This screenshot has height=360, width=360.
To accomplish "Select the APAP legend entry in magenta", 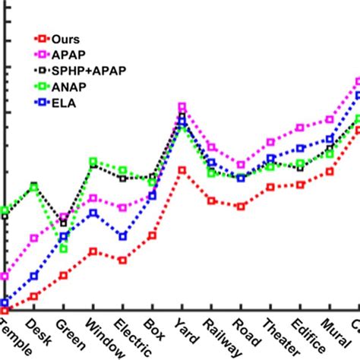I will click(63, 55).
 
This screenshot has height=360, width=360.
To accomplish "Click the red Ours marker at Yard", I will click(182, 169).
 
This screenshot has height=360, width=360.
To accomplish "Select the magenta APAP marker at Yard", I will click(182, 107).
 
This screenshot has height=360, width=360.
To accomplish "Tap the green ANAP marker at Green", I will click(64, 248).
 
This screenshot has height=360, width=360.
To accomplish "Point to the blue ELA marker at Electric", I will click(122, 236).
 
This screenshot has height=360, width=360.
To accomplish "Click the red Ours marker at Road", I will click(241, 207).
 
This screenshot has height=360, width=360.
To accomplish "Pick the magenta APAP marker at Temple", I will click(5, 276).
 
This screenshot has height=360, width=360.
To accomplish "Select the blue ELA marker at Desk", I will click(34, 276).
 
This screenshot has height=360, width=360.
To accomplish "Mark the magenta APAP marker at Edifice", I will click(300, 128).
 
